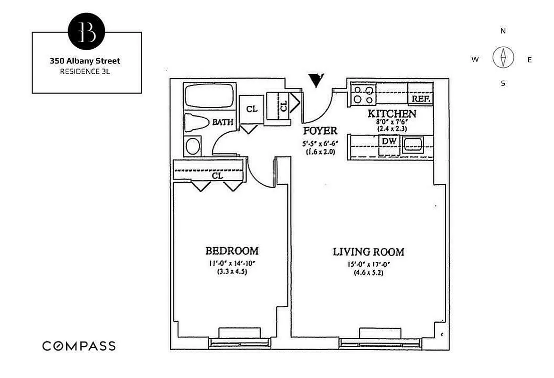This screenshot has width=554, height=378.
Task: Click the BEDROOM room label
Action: tap(231, 251)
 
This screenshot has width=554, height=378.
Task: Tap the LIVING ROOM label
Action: tap(368, 252)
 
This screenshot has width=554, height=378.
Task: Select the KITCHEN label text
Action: tap(392, 113)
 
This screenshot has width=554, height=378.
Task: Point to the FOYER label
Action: tap(320, 131)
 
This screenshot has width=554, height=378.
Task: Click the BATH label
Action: tap(222, 122)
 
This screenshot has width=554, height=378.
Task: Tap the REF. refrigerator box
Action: tap(420, 98)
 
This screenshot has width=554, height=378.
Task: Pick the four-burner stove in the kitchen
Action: tap(363, 94)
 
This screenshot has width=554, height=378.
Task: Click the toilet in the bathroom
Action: tap(196, 123)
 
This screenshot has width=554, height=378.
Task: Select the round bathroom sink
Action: tap(193, 146)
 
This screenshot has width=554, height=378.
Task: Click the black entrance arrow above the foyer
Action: tap(315, 80)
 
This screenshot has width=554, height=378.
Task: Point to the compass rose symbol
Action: tap(503, 57)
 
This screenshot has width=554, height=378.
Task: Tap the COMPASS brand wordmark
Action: tap(79, 346)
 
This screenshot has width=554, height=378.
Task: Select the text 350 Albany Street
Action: tap(85, 61)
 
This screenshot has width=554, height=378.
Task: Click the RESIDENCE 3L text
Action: tap(85, 72)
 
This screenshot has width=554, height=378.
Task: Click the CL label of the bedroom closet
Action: tap(217, 176)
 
